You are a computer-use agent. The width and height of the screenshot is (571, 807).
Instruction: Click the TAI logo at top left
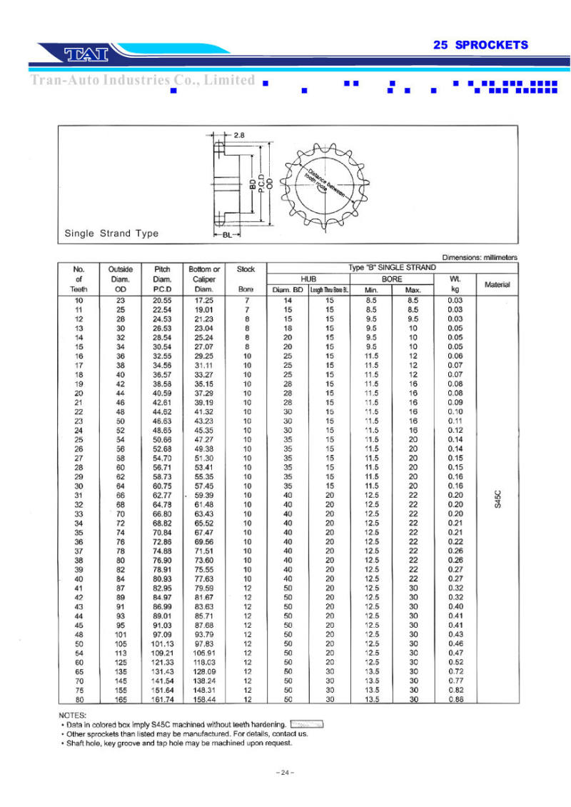[86, 54]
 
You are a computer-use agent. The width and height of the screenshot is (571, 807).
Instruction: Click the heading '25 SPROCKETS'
[480, 45]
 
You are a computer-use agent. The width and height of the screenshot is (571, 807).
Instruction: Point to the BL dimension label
[226, 234]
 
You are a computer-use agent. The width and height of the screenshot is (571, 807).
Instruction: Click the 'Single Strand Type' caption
[111, 234]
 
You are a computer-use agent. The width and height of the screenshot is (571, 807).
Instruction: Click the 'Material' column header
[497, 284]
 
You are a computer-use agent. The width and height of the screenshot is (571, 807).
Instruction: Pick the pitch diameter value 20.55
[162, 301]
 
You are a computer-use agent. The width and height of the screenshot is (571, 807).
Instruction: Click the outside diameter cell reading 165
[121, 699]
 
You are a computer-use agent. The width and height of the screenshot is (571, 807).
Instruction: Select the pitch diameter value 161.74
[162, 699]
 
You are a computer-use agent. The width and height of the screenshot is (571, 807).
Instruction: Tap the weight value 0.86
[455, 699]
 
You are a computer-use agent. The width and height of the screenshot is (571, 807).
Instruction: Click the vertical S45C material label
[498, 497]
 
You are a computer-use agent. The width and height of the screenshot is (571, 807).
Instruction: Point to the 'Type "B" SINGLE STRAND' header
[392, 268]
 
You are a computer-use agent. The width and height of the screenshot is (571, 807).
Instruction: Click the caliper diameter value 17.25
[204, 301]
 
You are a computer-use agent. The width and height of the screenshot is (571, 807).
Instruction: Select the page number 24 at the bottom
[285, 773]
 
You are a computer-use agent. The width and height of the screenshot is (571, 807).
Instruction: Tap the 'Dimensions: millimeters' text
[480, 257]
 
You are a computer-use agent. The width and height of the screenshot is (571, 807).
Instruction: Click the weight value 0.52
[455, 662]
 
